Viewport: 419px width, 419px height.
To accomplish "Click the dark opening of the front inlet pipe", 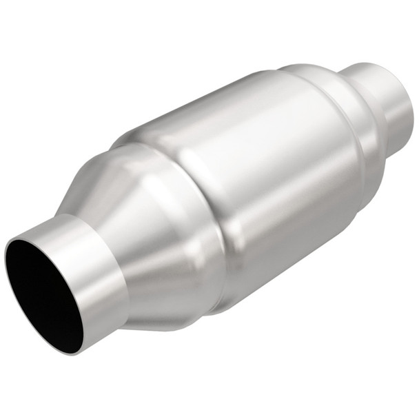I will click(43, 293).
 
